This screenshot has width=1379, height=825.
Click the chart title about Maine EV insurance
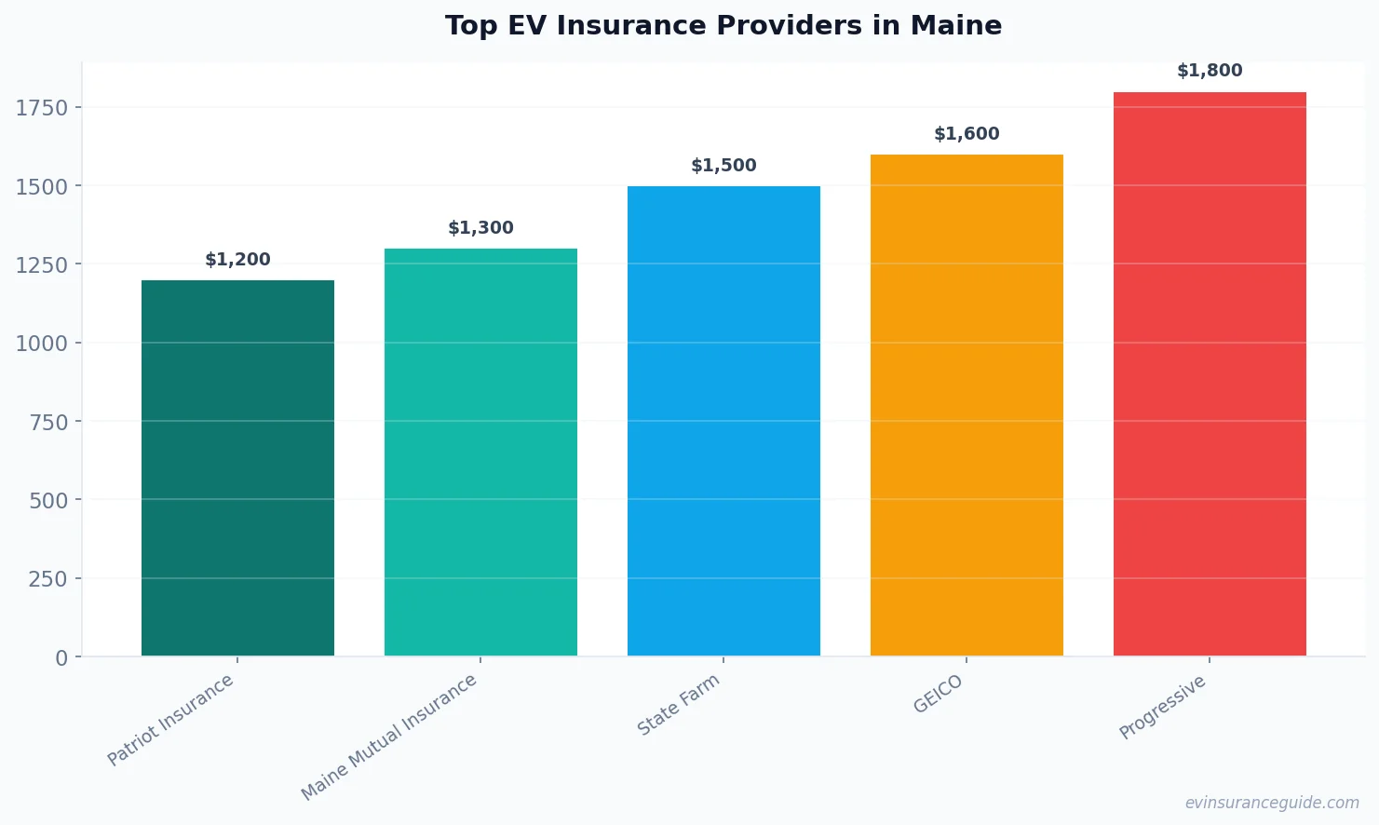click(x=723, y=26)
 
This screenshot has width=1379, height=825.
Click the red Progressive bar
click(x=1210, y=373)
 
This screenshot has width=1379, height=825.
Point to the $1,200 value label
click(x=237, y=260)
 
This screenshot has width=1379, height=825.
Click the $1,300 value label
click(x=480, y=228)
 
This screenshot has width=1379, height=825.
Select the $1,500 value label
click(x=723, y=166)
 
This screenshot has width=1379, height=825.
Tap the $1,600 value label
click(x=967, y=134)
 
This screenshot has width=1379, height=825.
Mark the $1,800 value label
click(x=1210, y=71)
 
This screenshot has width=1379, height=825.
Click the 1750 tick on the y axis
click(x=42, y=108)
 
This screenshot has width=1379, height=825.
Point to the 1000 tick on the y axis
click(x=42, y=344)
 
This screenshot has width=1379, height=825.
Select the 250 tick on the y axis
click(x=48, y=579)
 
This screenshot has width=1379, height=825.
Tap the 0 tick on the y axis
click(x=61, y=658)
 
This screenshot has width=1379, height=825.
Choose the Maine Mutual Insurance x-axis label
click(x=389, y=737)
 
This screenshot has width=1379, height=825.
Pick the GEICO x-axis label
click(x=938, y=694)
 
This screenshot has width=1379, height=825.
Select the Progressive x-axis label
click(x=1162, y=708)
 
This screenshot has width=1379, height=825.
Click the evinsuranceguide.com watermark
click(x=1271, y=803)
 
